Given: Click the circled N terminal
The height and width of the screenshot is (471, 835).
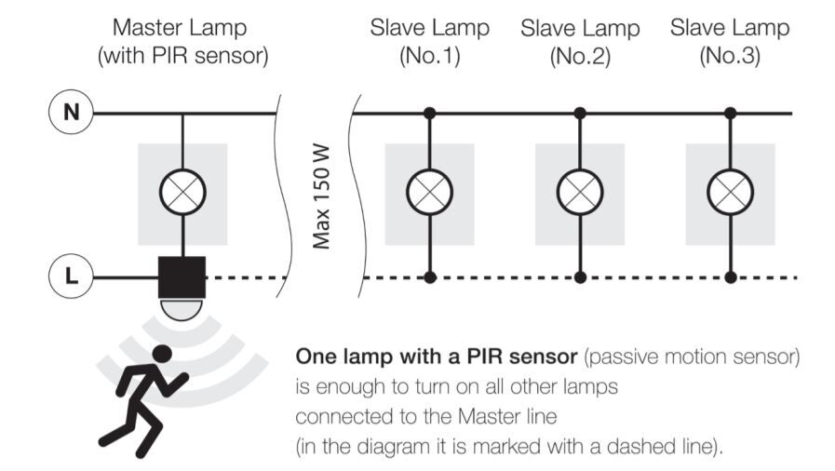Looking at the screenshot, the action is click(71, 113).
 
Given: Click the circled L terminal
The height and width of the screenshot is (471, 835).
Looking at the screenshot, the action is click(71, 276).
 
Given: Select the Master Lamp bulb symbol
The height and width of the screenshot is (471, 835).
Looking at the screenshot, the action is click(182, 192).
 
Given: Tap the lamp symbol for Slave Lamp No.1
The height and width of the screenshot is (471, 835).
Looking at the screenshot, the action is click(429, 192).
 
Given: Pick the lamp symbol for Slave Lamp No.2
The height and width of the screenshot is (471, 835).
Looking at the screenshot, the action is click(580, 192).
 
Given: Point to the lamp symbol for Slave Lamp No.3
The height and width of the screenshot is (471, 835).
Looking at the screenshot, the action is click(730, 192).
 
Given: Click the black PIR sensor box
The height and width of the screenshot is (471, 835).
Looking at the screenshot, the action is click(182, 277).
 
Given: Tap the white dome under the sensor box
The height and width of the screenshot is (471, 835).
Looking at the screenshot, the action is click(182, 310).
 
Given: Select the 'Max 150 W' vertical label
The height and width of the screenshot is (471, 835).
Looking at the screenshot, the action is click(321, 197).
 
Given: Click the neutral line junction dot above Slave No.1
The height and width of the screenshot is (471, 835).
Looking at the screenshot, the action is click(430, 113).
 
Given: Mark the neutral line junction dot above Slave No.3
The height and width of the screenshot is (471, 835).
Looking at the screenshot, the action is click(731, 113).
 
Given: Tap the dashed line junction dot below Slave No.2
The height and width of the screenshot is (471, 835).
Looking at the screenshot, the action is click(581, 277).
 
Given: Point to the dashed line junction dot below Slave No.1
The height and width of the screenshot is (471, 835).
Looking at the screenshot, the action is click(430, 277).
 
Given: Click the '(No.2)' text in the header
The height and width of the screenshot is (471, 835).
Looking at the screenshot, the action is click(580, 56).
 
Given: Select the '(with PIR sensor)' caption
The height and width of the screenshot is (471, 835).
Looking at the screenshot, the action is click(182, 55).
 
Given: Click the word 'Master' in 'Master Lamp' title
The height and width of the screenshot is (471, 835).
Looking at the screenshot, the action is click(145, 28).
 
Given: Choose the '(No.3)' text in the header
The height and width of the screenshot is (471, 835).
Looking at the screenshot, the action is click(730, 56).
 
